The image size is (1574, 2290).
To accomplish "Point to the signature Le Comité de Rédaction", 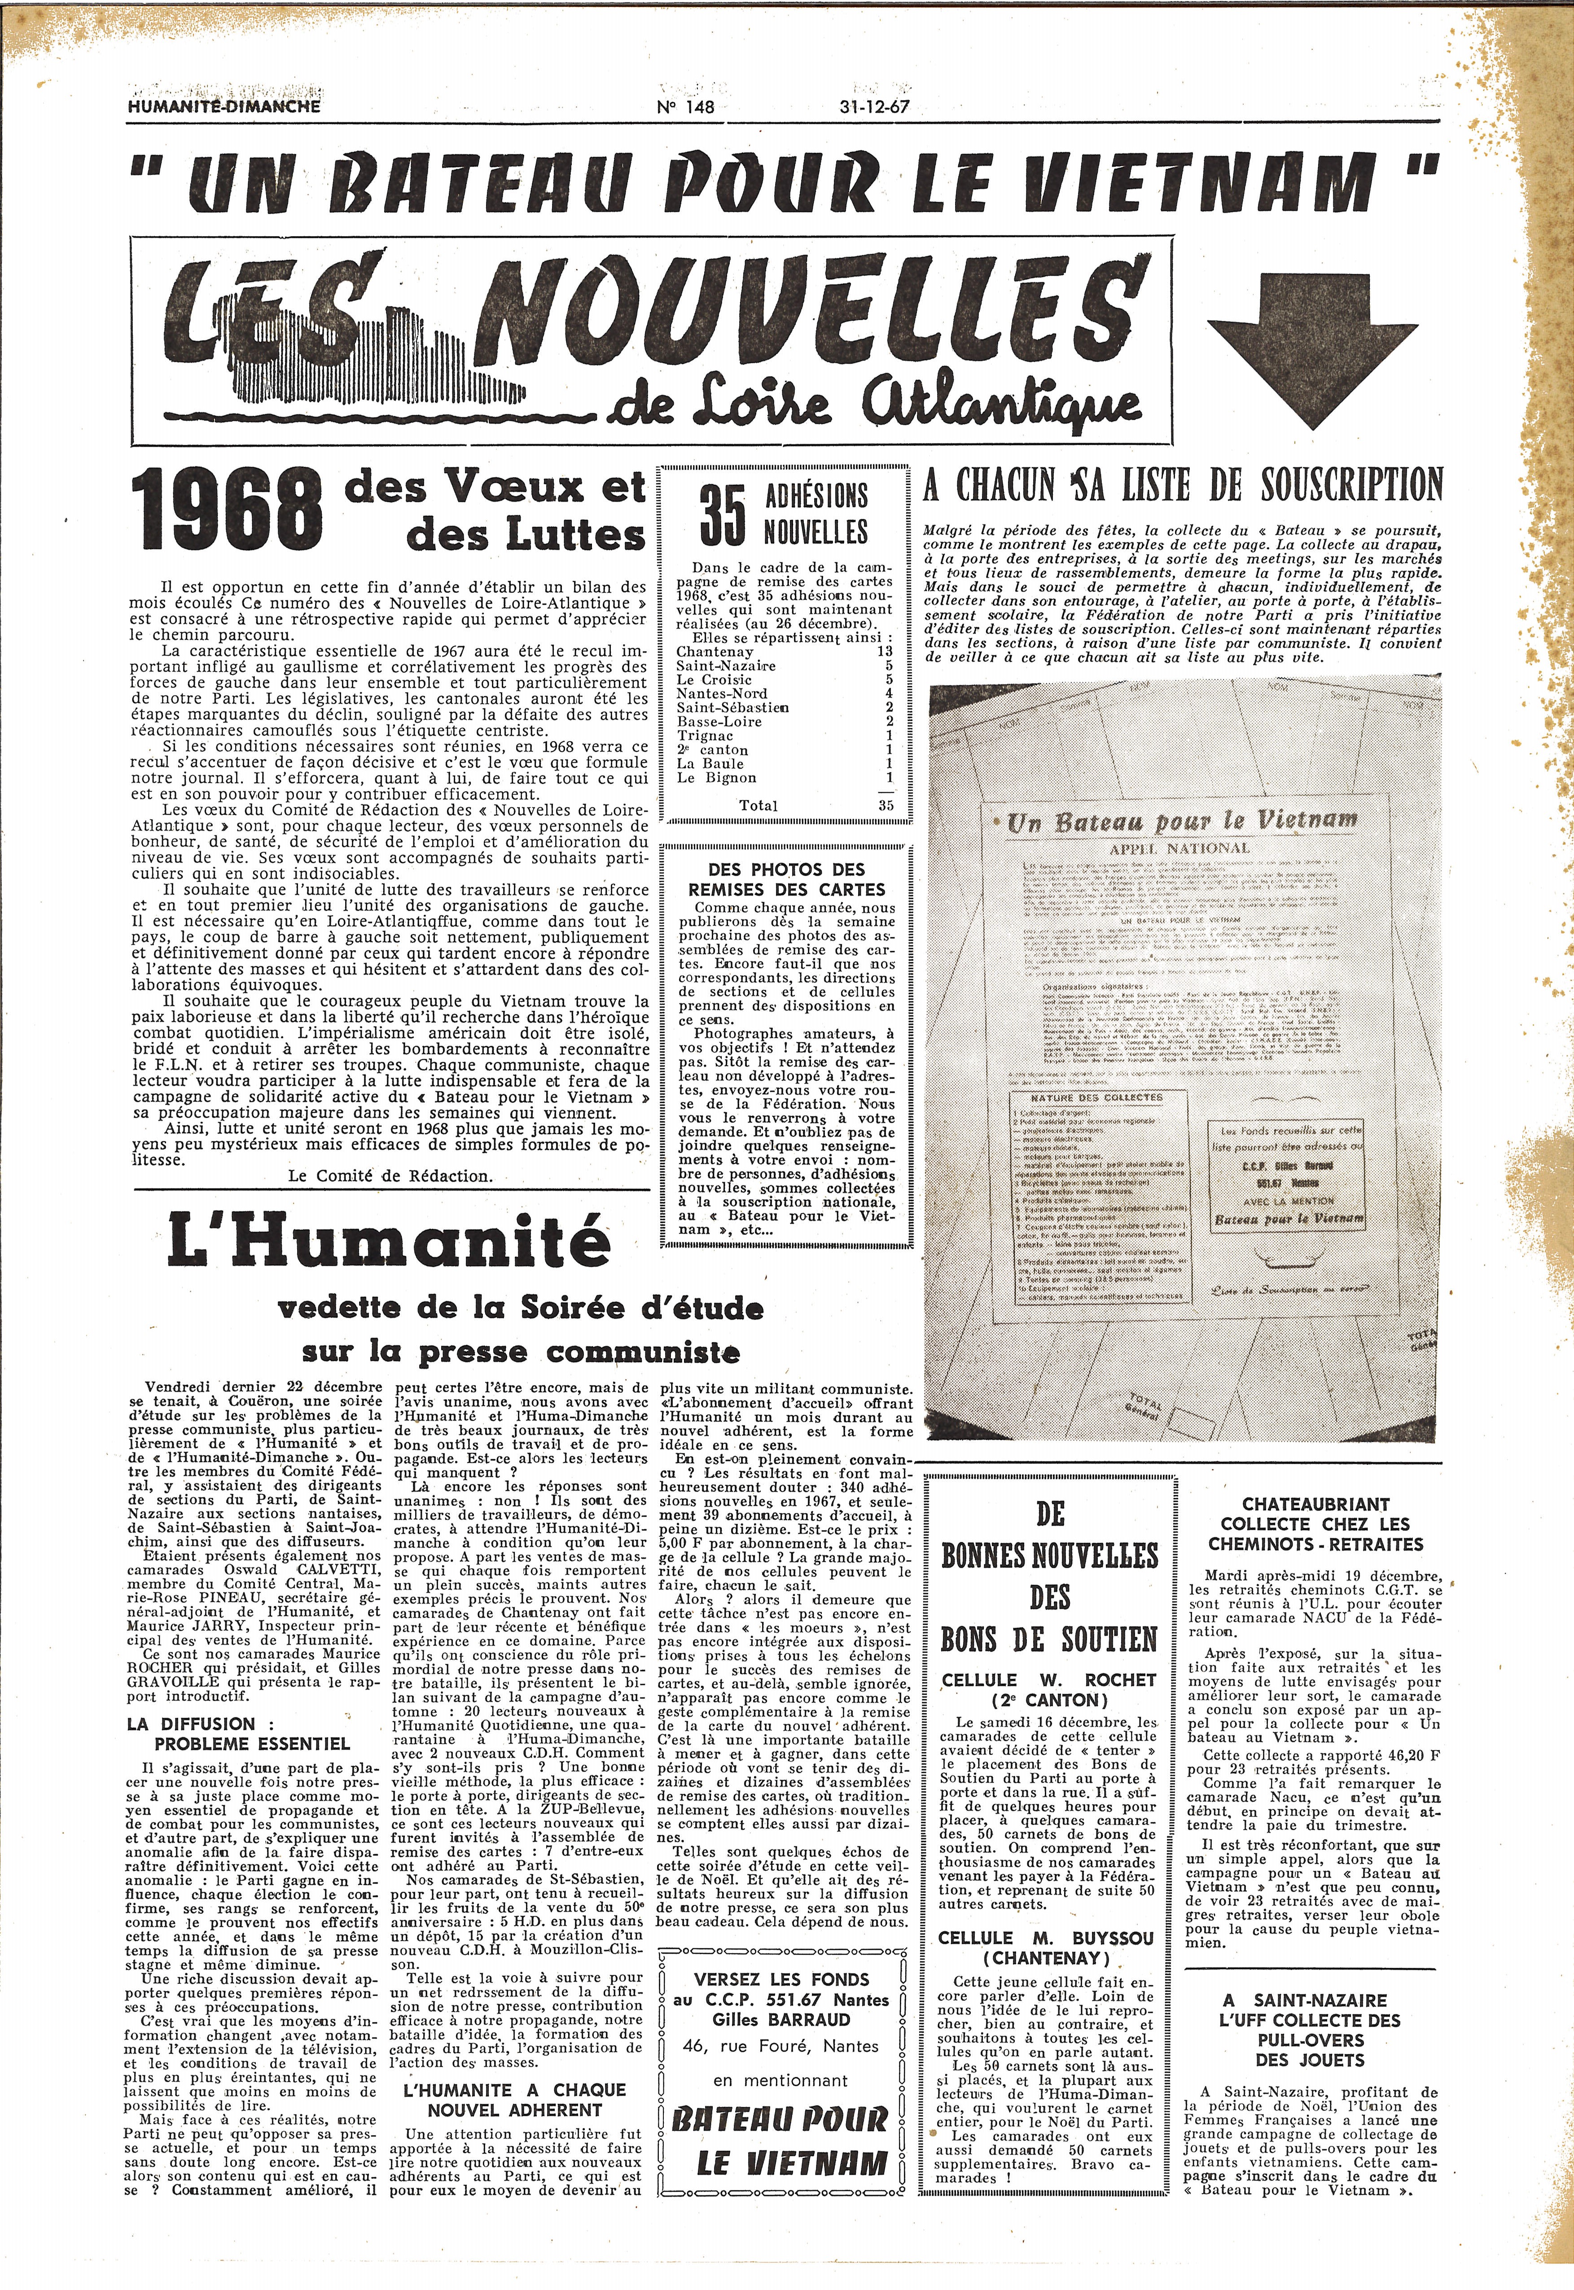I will pos(390,1176).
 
